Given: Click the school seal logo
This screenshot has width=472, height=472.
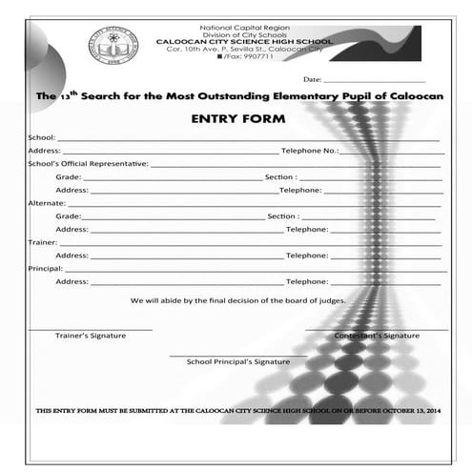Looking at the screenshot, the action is click(x=114, y=44).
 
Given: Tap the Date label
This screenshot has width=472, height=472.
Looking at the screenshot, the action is click(x=313, y=80).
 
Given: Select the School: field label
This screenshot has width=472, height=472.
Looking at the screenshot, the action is click(x=42, y=138).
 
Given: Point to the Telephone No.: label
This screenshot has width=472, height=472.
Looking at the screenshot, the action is click(x=310, y=151).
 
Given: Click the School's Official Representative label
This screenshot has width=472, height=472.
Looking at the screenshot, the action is click(x=88, y=164).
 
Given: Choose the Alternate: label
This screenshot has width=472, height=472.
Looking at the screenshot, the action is click(x=45, y=203).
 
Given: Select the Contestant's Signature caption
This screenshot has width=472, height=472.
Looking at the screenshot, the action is click(x=377, y=337).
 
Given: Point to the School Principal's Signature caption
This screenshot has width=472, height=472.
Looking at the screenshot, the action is click(x=238, y=362).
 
